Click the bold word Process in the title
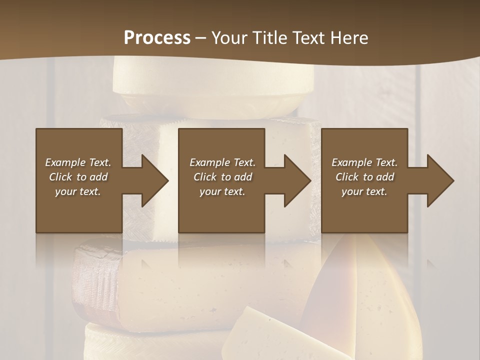click(x=157, y=37)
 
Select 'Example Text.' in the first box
click(x=78, y=162)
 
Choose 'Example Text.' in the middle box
click(x=222, y=162)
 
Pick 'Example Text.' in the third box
click(x=364, y=162)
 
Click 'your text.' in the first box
click(x=78, y=191)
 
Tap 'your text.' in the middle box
click(x=222, y=191)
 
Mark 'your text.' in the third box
click(x=364, y=191)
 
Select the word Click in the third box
click(x=347, y=177)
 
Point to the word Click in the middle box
click(x=205, y=177)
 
